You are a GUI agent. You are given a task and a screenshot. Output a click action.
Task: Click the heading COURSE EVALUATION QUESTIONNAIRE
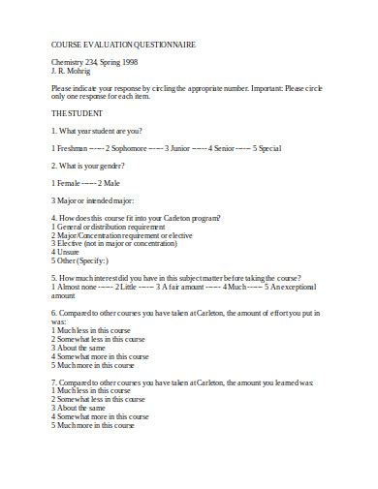coord(110,45)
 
